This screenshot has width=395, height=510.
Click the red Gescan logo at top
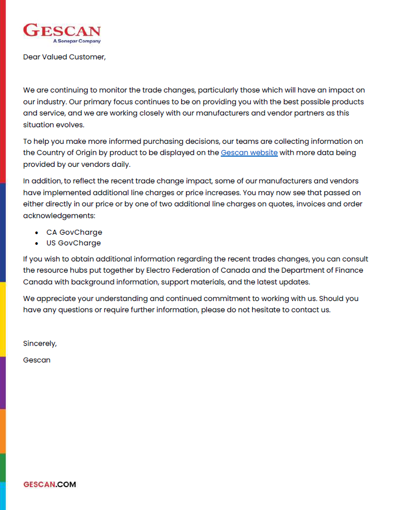[x=61, y=30]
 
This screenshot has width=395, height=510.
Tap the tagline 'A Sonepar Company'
[x=76, y=41]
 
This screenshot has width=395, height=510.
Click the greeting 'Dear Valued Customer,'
[x=64, y=57]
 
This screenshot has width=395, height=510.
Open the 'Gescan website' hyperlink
[x=249, y=153]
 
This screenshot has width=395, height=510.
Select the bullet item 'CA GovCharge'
[x=74, y=233]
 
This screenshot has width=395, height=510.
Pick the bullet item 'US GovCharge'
[x=74, y=243]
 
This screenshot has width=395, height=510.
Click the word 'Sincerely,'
[x=40, y=344]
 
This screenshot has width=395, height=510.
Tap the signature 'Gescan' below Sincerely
[x=37, y=360]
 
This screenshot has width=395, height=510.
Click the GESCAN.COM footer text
[x=50, y=484]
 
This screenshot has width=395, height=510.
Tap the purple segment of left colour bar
[x=3, y=382]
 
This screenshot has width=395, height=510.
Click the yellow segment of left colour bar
[x=3, y=319]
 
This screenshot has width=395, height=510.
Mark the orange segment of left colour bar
[x=3, y=431]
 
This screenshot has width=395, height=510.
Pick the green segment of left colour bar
[x=3, y=467]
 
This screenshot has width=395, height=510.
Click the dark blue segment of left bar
[x=3, y=233]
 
